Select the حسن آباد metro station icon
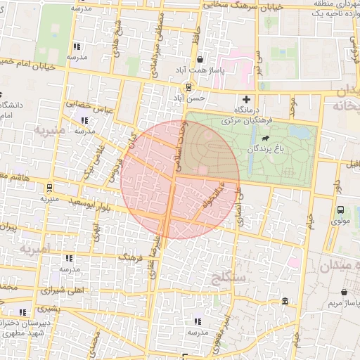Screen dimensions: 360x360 [x=188, y=86]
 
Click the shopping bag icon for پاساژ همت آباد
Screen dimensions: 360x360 [x=200, y=60]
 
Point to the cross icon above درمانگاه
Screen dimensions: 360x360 [x=246, y=98]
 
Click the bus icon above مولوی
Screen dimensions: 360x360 [x=341, y=210]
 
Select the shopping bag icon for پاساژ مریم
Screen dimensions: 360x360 [x=344, y=292]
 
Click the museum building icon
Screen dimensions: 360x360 [x=283, y=302]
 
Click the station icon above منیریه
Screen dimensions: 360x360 [x=49, y=188]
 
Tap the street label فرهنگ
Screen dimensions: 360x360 [x=135, y=259]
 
